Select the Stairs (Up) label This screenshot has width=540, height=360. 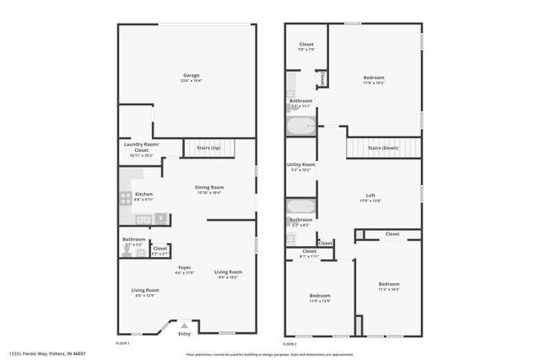pyautogui.click(x=208, y=148)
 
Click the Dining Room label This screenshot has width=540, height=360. pyautogui.click(x=209, y=187)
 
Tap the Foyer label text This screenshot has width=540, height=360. pyautogui.click(x=184, y=267)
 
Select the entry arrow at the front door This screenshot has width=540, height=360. pyautogui.click(x=184, y=325)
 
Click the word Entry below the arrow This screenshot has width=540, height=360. pyautogui.click(x=184, y=334)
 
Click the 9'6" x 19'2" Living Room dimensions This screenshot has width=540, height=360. pyautogui.click(x=228, y=277)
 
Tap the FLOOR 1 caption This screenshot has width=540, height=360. pyautogui.click(x=122, y=344)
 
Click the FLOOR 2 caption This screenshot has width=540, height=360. pyautogui.click(x=290, y=344)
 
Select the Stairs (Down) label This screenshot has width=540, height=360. pyautogui.click(x=383, y=148)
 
